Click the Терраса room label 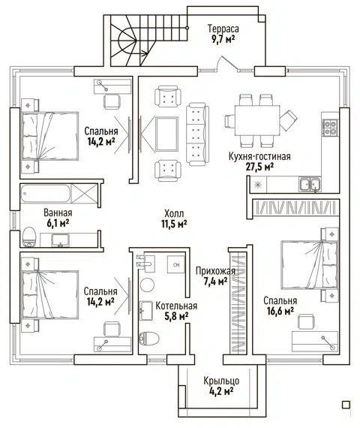[x=223, y=29]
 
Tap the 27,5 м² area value [x=259, y=167]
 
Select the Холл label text [x=174, y=213]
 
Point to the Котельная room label [x=176, y=306]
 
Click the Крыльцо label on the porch [x=221, y=381]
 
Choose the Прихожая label [x=215, y=271]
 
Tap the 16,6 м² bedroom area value [x=280, y=311]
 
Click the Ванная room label [x=58, y=212]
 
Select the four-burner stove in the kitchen [x=330, y=128]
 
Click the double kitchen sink [x=310, y=184]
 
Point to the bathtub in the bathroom [x=45, y=193]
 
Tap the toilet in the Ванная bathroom [x=29, y=237]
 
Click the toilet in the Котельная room [x=149, y=339]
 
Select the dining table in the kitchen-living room [x=257, y=120]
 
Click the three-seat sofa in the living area [x=197, y=134]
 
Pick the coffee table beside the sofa [x=166, y=134]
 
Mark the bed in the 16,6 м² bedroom [x=309, y=264]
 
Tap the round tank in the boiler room [x=147, y=285]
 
